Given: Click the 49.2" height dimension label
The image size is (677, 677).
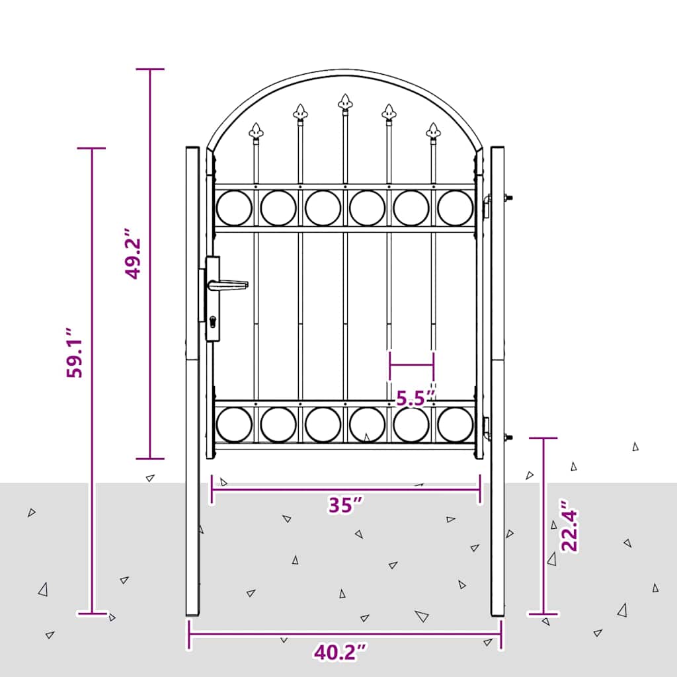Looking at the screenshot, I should [134, 255].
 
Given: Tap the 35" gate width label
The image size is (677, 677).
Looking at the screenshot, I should [346, 505].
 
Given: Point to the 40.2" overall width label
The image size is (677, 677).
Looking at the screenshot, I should [340, 653].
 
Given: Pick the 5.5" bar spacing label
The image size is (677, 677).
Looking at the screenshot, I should [415, 398].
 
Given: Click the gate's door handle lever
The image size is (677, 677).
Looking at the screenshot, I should [228, 285].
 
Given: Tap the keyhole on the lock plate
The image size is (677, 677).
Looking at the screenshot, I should [212, 322].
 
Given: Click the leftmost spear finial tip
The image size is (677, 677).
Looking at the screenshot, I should [256, 130].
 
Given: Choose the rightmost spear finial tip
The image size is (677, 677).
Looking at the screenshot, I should [433, 130].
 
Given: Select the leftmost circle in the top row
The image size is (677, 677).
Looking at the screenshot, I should [234, 208].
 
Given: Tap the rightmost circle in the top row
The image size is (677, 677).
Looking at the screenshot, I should [456, 208].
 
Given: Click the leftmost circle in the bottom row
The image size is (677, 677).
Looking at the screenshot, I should [234, 424].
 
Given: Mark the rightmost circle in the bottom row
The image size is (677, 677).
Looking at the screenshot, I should [456, 424].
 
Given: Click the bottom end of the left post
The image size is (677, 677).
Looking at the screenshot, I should [192, 614].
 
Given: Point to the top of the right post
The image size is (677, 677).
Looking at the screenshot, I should [497, 149].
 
